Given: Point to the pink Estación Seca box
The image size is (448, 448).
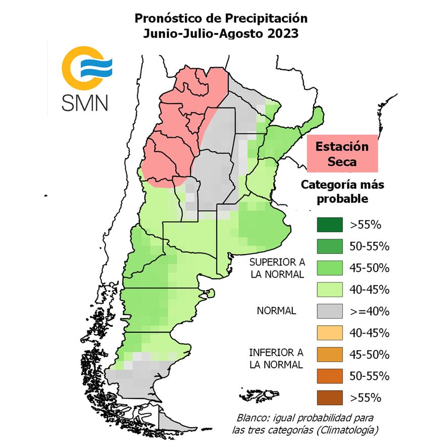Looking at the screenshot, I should click(x=342, y=154).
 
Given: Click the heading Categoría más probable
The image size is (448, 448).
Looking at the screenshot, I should click(x=342, y=191).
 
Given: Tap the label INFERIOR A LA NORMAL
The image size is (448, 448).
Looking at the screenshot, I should click(x=276, y=358).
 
